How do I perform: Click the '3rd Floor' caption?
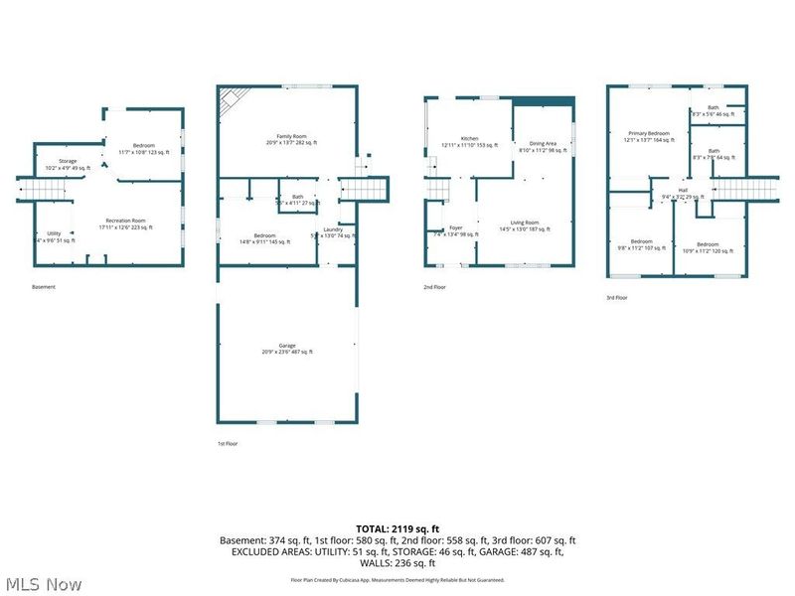point(617,297)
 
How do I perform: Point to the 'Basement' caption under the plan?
point(44,287)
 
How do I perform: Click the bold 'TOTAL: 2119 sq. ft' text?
point(397,528)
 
